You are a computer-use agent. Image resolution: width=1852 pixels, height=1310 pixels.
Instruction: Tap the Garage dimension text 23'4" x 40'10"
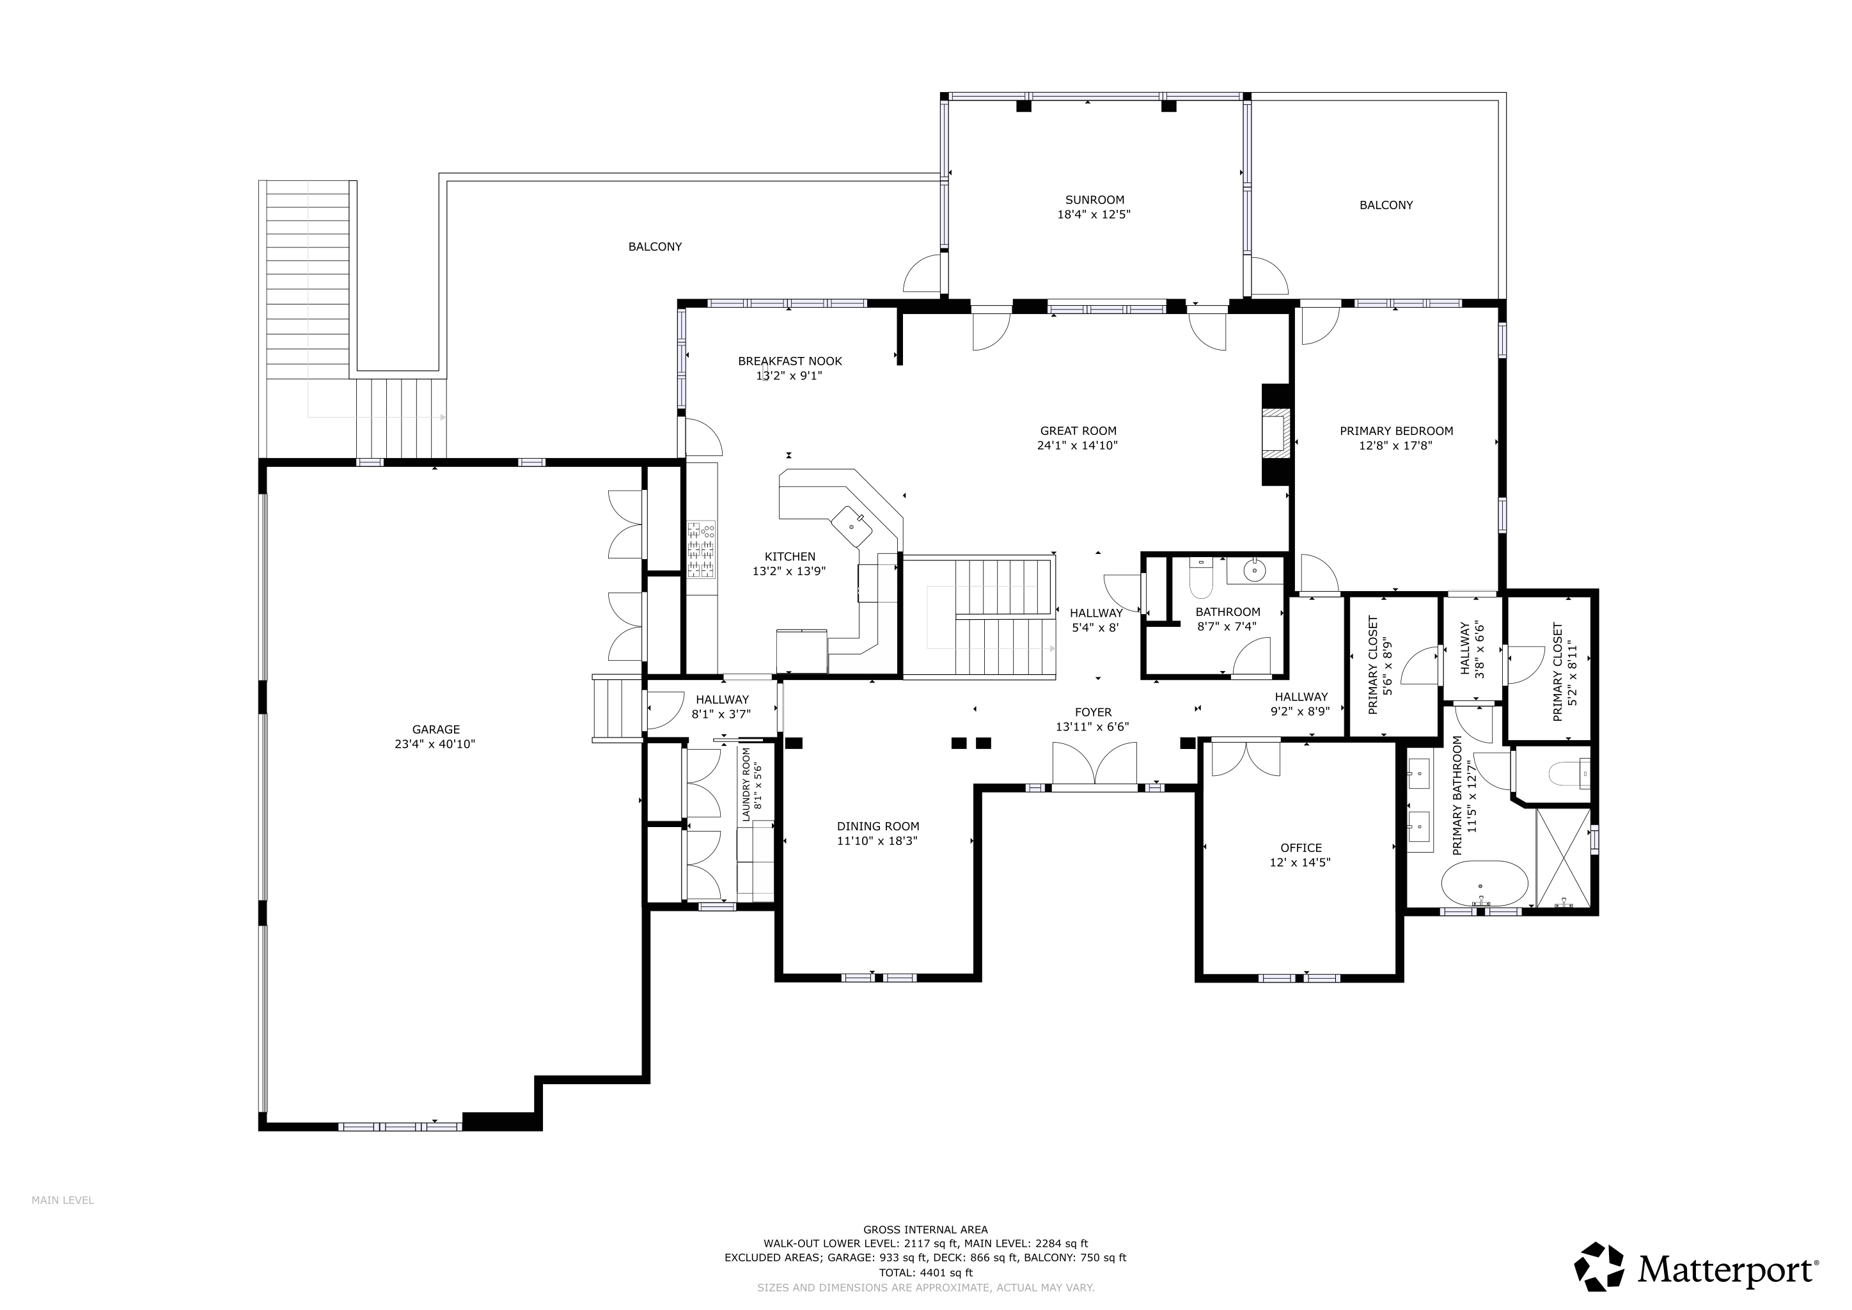[436, 745]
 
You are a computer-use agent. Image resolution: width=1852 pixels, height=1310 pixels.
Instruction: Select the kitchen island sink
[852, 525]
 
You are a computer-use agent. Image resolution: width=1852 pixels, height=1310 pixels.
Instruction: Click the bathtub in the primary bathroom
[1484, 884]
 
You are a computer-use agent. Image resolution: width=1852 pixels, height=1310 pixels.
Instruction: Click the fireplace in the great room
[1275, 434]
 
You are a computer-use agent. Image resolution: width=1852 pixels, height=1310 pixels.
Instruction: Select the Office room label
[1301, 848]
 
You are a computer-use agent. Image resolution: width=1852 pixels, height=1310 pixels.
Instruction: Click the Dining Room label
[877, 826]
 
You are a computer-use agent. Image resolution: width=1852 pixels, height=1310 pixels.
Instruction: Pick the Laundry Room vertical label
[746, 784]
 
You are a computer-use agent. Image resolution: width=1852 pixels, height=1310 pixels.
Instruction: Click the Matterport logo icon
[1600, 1266]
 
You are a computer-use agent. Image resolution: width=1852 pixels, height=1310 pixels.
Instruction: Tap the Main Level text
[63, 1223]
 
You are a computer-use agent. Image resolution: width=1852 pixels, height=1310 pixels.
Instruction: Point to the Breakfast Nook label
[790, 361]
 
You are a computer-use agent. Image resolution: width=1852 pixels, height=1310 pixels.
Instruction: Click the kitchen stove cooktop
[701, 550]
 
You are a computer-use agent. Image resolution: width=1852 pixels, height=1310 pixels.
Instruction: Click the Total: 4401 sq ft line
[925, 1273]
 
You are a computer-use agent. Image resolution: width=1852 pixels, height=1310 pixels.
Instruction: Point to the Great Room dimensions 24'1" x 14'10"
[1078, 445]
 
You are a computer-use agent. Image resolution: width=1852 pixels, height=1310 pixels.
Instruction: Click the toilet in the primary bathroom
[1568, 775]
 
